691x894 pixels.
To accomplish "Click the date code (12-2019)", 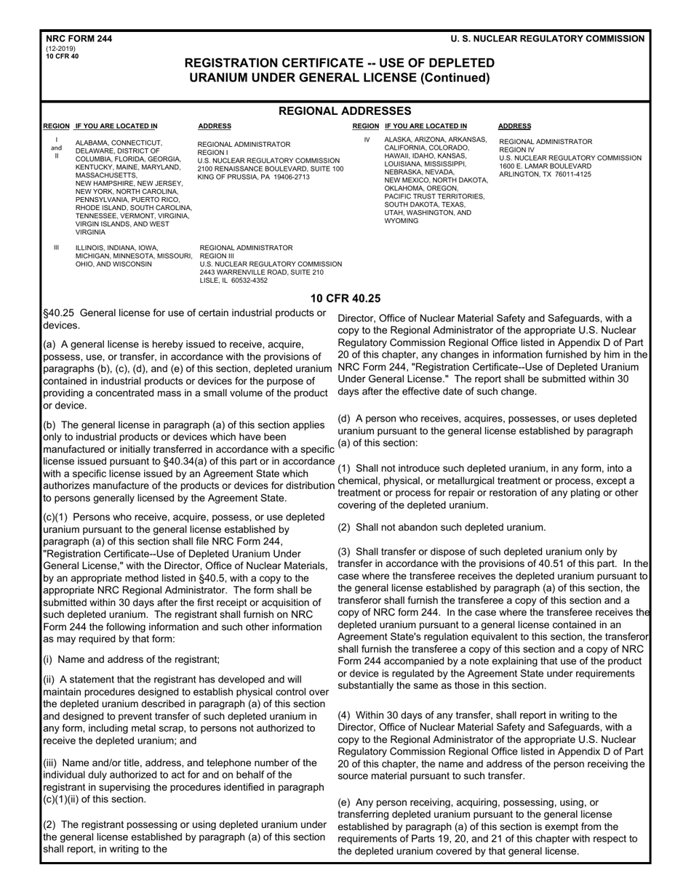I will pyautogui.click(x=60, y=49).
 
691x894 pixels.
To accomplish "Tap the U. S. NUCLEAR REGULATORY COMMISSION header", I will pyautogui.click(x=547, y=39).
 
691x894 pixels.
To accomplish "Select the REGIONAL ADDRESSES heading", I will pyautogui.click(x=345, y=111).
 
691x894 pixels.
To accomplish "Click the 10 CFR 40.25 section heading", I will pyautogui.click(x=345, y=298).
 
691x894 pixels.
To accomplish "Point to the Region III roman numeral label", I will pyautogui.click(x=56, y=248).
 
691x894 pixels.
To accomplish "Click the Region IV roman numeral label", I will pyautogui.click(x=367, y=140).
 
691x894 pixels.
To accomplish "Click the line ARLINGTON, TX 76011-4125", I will pyautogui.click(x=545, y=174).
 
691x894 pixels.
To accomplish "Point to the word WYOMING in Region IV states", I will pyautogui.click(x=402, y=220).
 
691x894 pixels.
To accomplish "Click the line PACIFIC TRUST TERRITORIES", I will pyautogui.click(x=434, y=196).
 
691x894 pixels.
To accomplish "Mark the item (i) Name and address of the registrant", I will pyautogui.click(x=131, y=660).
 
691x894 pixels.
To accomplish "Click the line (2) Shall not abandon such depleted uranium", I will pyautogui.click(x=442, y=528).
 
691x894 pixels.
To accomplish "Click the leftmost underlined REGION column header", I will pyautogui.click(x=56, y=126).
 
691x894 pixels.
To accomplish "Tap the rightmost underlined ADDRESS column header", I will pyautogui.click(x=514, y=126).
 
